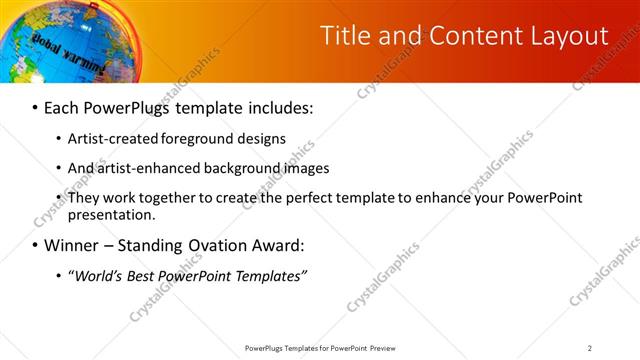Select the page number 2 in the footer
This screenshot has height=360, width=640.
[x=590, y=348]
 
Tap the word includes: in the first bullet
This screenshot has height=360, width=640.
[x=280, y=106]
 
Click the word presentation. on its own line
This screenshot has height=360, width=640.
[x=112, y=215]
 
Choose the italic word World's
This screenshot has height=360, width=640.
[x=100, y=276]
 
